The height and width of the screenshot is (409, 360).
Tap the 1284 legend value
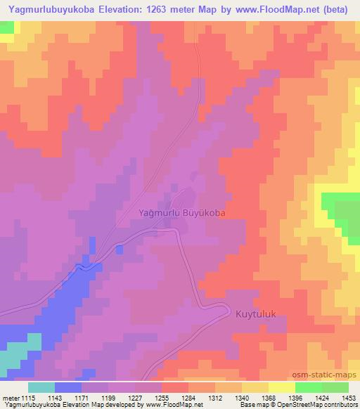coord(188,398)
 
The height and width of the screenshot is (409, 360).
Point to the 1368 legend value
coord(269,398)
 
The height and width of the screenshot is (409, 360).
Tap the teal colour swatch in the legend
coord(41,387)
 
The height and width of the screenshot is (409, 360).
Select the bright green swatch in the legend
coord(308,387)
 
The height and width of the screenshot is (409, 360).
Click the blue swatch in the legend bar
coord(68,387)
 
